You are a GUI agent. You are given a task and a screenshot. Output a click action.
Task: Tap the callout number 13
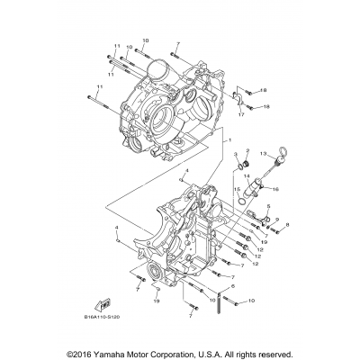pyautogui.click(x=265, y=155)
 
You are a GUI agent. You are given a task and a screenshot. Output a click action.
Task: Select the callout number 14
pyautogui.click(x=244, y=175)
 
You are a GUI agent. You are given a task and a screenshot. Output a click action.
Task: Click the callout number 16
pyautogui.click(x=276, y=189)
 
